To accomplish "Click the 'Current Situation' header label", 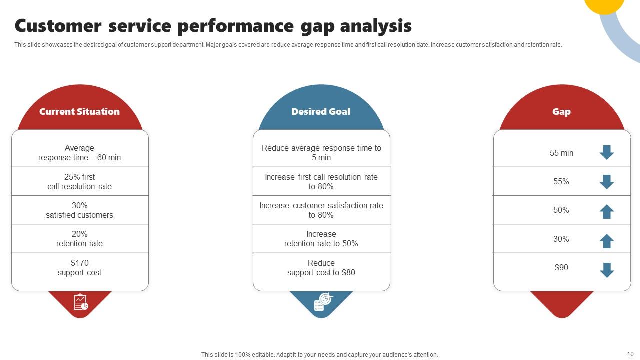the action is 79,111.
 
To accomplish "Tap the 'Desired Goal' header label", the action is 321,111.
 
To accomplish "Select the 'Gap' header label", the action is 561,112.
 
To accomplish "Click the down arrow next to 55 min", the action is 607,152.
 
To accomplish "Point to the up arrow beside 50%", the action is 607,211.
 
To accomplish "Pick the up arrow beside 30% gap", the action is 607,241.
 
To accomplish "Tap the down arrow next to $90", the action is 607,270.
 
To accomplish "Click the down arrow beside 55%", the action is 607,182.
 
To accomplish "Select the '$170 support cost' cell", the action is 80,267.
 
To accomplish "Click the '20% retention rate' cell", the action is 80,239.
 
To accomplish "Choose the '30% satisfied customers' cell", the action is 80,210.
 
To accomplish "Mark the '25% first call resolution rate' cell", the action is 80,181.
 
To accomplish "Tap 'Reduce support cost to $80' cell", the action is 321,267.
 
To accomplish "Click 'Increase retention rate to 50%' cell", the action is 321,239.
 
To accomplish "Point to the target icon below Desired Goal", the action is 323,301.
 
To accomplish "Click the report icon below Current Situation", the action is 81,302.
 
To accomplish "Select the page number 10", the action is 630,354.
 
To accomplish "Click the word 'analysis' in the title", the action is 376,26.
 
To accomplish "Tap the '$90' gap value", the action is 561,267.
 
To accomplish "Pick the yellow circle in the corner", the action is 603,4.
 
